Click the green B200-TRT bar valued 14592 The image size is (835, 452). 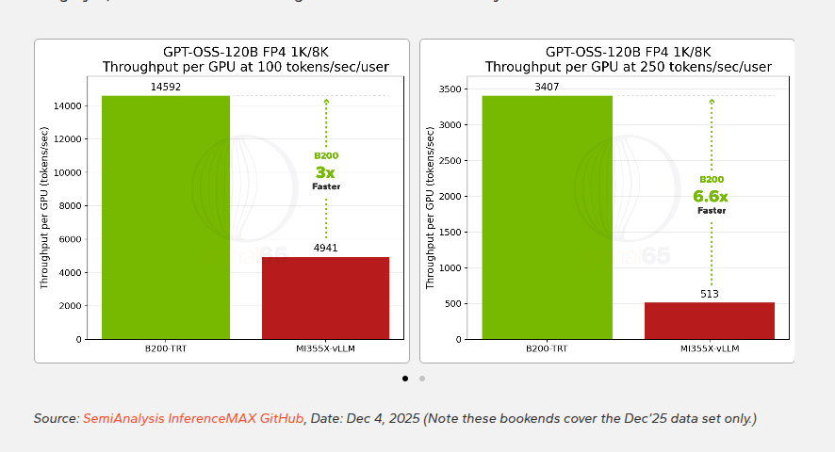(166, 217)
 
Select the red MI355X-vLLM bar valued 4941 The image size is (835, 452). (325, 298)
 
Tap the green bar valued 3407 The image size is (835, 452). (547, 217)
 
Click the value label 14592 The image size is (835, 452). (166, 88)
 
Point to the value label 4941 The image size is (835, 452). (325, 249)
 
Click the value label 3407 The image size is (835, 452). (547, 88)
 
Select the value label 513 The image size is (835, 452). (710, 294)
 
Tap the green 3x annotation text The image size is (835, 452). (325, 172)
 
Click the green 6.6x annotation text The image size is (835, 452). (711, 197)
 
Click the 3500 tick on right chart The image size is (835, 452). (450, 89)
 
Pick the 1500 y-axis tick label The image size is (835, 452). (450, 232)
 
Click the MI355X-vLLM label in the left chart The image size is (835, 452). (325, 349)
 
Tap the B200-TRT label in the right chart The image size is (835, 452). (547, 349)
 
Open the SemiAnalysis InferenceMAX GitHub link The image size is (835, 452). (193, 418)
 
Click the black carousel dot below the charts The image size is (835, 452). (405, 379)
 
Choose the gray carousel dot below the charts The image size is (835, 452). (422, 379)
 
